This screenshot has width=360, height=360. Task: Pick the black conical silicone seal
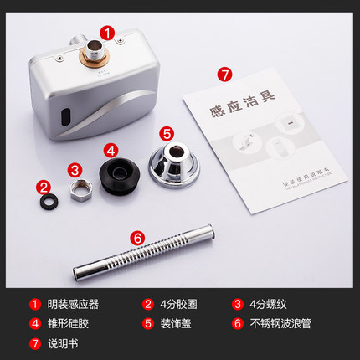119,174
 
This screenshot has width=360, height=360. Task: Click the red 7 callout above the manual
224,74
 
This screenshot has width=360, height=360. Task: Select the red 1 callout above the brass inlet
107,33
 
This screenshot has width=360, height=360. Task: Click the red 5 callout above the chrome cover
166,132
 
